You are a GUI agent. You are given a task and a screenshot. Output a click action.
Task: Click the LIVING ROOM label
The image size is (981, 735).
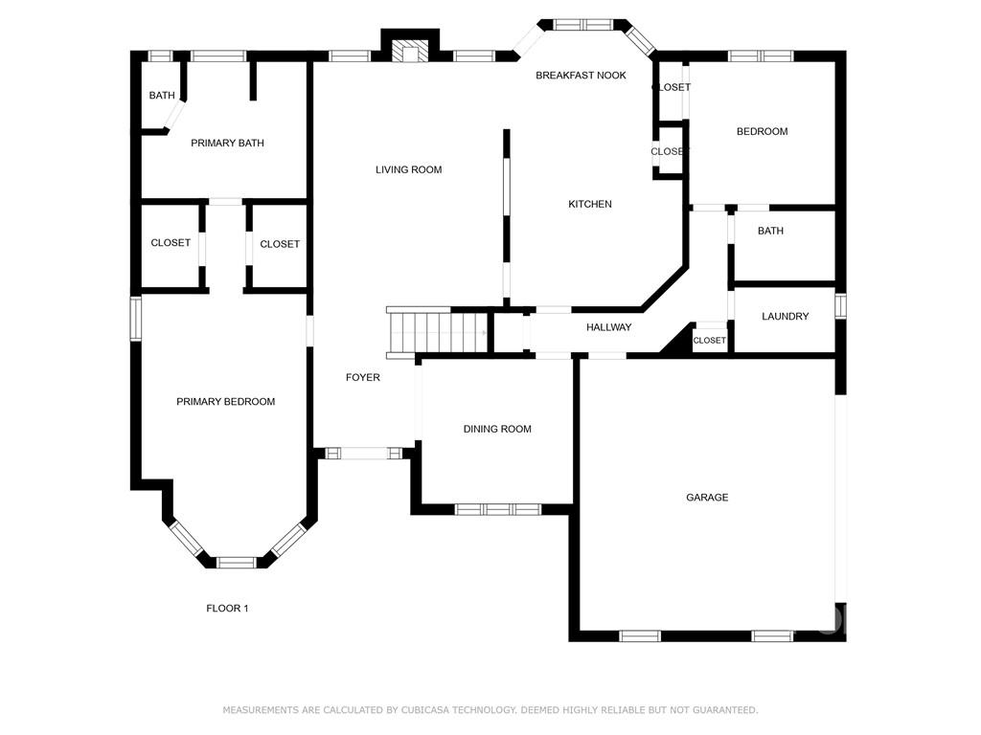408,169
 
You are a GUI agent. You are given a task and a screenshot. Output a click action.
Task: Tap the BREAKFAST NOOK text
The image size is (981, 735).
581,75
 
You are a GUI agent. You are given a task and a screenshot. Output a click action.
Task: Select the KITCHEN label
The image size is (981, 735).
590,204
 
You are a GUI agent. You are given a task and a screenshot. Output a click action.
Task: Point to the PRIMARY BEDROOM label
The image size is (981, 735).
226,401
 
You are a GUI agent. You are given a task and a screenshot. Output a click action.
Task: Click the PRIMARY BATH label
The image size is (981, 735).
227,144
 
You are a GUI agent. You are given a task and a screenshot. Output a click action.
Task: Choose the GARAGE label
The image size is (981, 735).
707,498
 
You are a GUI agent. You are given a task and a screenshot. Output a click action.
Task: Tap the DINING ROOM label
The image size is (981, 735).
497,429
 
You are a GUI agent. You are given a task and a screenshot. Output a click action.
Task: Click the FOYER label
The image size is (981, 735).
363,377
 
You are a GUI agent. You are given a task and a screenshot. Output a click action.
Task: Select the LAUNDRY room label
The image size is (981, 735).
786,316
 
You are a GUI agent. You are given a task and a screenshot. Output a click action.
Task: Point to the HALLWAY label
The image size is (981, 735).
608,327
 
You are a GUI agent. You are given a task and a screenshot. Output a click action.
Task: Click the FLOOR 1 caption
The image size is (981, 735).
228,608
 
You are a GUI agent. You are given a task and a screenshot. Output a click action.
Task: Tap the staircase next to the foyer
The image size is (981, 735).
437,333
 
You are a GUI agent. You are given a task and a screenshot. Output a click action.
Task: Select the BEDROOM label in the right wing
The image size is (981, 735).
762,131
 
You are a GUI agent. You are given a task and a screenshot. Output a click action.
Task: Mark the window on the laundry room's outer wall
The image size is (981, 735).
841,306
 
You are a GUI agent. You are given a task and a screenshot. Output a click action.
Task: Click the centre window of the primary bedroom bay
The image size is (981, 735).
237,563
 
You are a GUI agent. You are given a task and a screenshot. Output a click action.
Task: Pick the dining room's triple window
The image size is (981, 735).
497,509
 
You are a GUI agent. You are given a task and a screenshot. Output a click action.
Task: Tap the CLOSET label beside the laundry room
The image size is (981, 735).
710,340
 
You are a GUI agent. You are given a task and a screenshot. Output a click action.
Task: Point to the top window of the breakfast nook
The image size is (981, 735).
584,24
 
